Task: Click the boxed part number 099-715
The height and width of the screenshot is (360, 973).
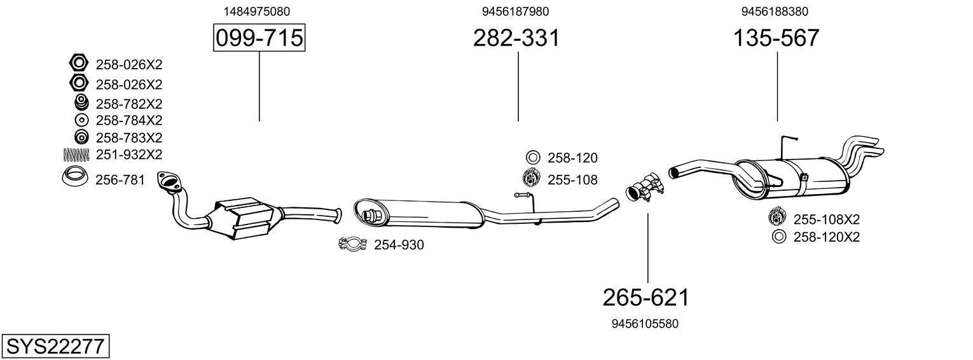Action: point(259,38)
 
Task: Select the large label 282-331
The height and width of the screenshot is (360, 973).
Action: point(516,38)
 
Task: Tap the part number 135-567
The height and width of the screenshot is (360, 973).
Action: point(776,38)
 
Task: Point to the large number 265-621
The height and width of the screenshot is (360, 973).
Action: point(646,298)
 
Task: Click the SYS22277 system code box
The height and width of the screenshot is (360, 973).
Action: point(55,346)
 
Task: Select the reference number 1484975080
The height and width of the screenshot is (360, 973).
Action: point(257,11)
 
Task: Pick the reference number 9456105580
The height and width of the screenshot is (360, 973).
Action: point(645,324)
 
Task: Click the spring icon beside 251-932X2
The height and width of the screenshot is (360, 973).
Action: point(76,154)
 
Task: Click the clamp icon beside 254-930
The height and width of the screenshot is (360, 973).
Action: point(352,244)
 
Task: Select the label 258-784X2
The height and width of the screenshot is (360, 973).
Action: point(129,120)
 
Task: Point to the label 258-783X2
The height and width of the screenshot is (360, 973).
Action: point(129,137)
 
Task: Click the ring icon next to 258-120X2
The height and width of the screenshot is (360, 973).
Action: point(779,237)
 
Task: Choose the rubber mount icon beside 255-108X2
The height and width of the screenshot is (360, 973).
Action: point(776,217)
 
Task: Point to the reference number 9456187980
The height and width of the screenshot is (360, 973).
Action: point(515,11)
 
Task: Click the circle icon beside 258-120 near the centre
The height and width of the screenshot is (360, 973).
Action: point(533,157)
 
